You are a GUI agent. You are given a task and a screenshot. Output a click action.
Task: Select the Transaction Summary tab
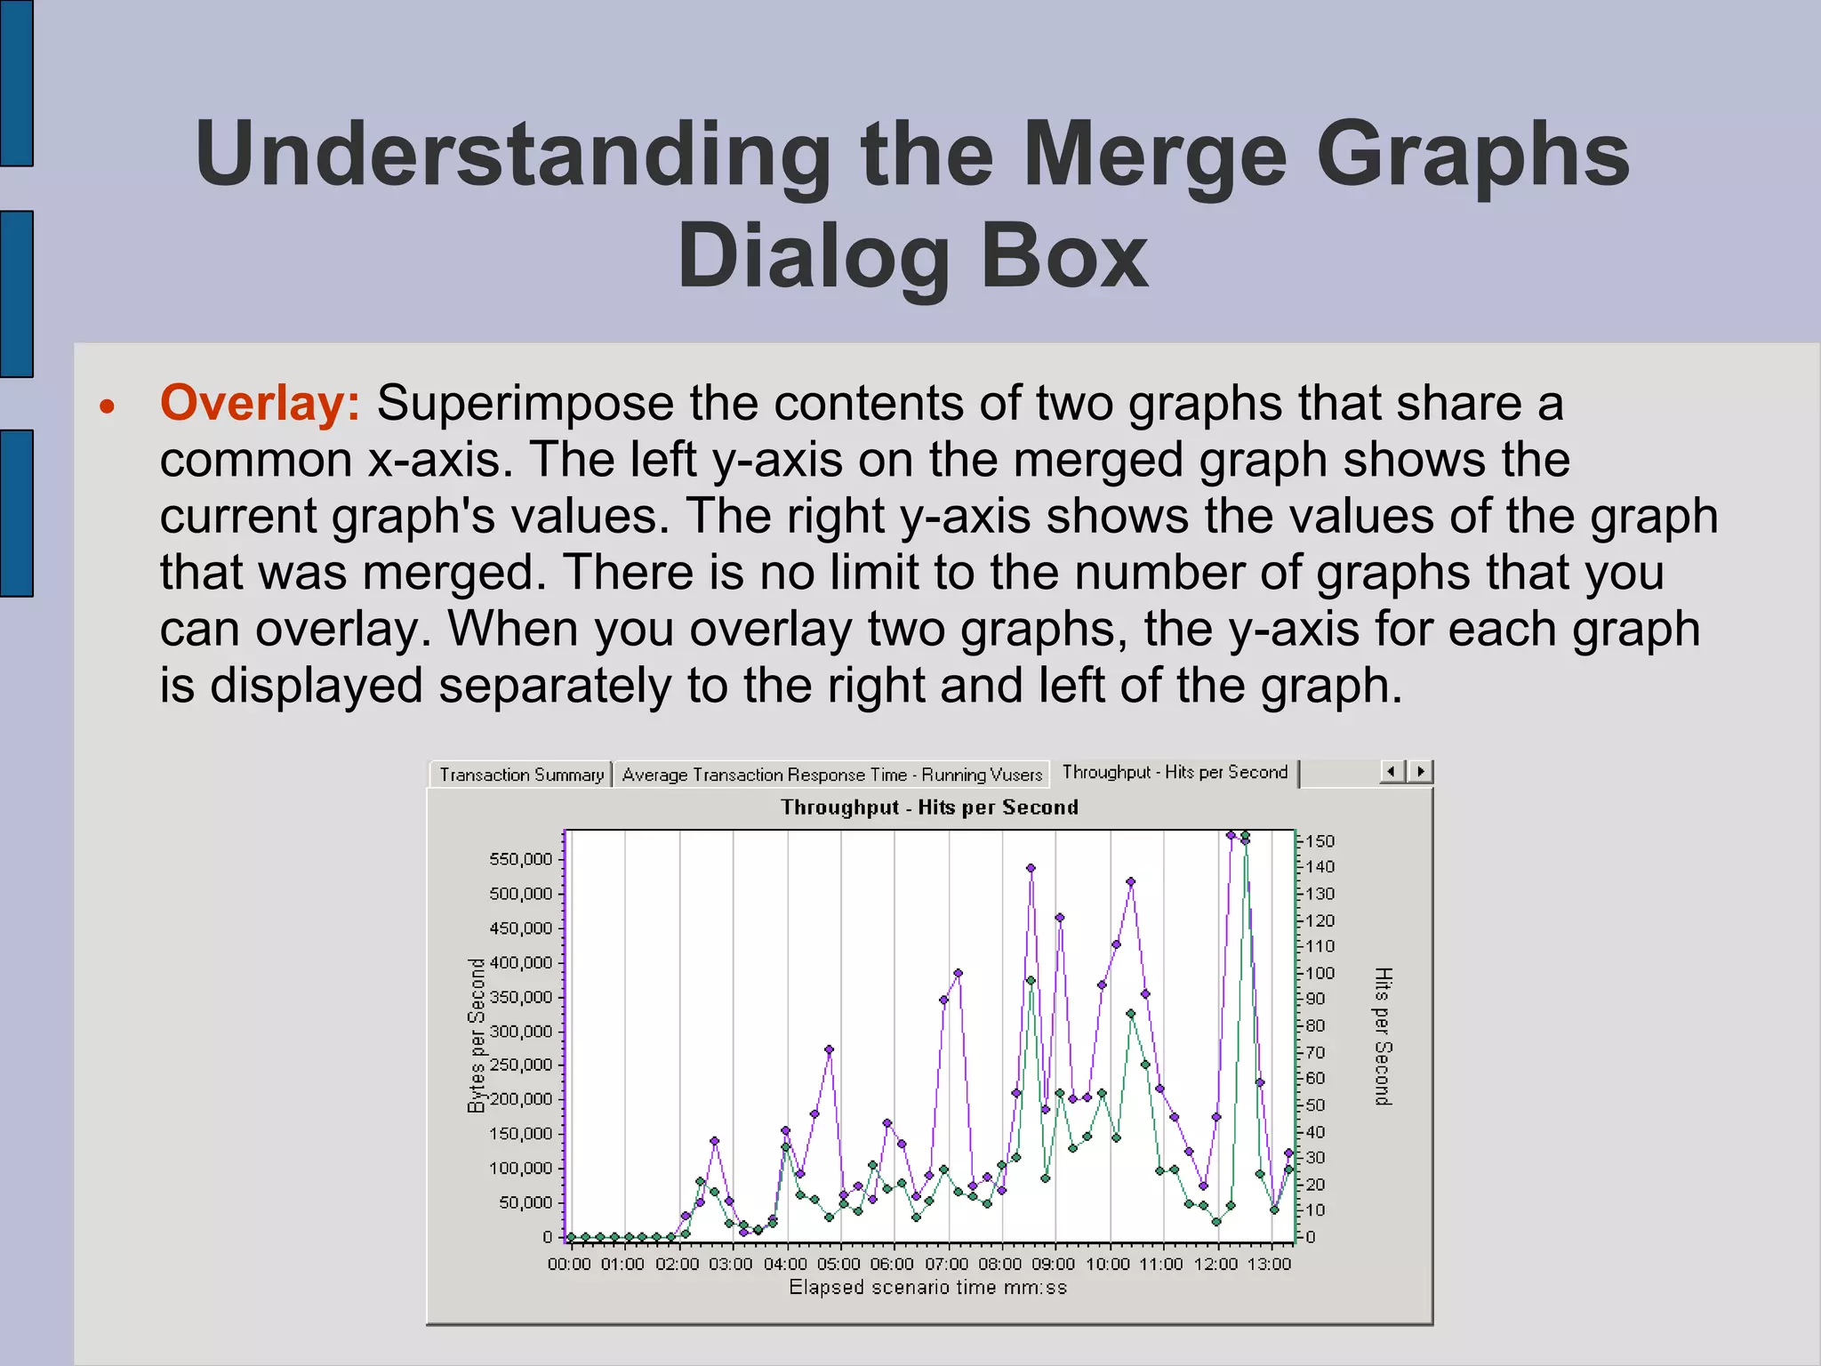[x=521, y=775]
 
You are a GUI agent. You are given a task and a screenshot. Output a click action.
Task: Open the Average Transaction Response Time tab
[x=831, y=775]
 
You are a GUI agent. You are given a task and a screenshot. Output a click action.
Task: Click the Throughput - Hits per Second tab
[x=1174, y=772]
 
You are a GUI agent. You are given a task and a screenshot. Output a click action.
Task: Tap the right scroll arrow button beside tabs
[x=1421, y=771]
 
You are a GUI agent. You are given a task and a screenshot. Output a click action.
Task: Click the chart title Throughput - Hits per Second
[x=929, y=808]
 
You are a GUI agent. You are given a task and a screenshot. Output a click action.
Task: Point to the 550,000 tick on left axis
[x=521, y=859]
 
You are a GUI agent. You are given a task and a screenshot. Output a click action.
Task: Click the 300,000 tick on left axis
[x=521, y=1032]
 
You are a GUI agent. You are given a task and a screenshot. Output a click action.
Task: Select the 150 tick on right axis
[x=1320, y=841]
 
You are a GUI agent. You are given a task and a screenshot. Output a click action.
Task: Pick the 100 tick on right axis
[x=1320, y=973]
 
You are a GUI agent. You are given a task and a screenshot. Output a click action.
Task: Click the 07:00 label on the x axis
[x=946, y=1264]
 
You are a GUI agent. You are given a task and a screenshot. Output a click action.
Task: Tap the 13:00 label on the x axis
[x=1269, y=1264]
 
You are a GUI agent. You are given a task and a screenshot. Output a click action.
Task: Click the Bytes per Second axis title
[x=477, y=1035]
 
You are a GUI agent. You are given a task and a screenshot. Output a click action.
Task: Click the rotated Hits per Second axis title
[x=1382, y=1036]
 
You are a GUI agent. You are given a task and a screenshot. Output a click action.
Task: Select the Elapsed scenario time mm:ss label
[x=927, y=1287]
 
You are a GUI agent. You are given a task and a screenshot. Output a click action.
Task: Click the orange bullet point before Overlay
[x=108, y=407]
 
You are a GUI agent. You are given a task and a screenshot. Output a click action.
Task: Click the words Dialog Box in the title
[x=912, y=256]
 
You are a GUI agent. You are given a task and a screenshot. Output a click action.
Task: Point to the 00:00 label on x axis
[x=569, y=1264]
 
